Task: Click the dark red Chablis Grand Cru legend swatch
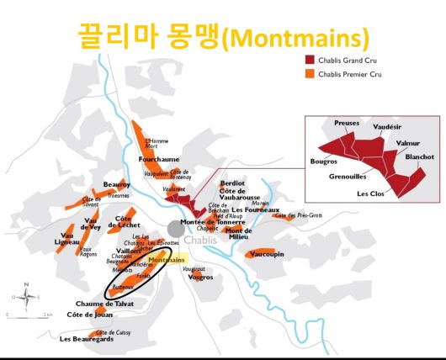coord(309,61)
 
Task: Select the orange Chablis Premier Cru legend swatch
coord(309,73)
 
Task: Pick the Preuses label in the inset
coord(347,123)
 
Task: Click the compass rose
coord(27,297)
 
